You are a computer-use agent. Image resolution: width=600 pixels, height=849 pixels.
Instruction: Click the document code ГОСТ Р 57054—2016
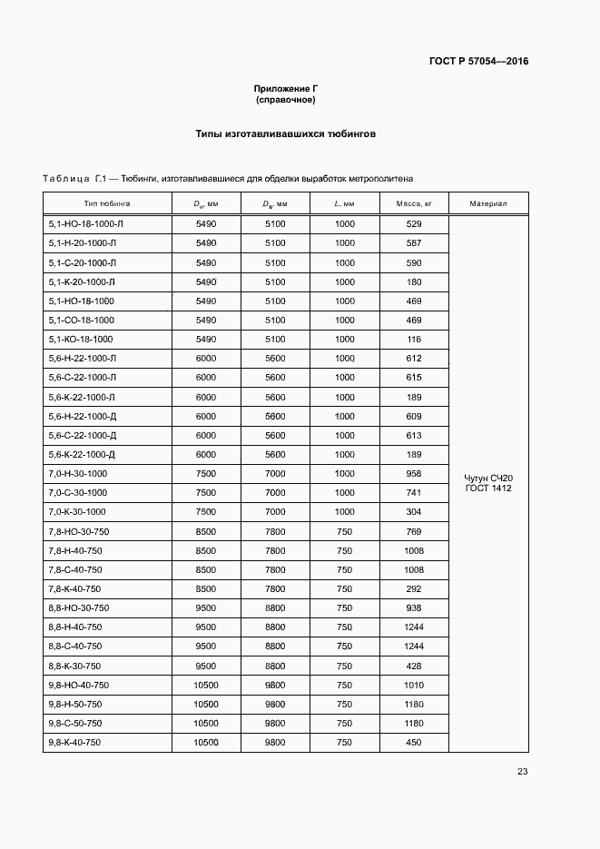pos(478,62)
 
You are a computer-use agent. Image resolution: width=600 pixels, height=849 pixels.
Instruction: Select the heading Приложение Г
pos(285,89)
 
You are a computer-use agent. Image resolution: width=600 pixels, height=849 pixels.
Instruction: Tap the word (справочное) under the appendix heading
pos(285,100)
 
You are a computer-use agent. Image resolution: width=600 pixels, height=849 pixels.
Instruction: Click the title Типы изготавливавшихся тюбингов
pos(285,133)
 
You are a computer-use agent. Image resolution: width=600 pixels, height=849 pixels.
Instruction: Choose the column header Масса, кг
pos(414,203)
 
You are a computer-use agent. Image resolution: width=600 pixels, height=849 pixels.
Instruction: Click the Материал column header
pos(488,203)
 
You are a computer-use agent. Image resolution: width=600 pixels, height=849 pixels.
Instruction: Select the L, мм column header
pos(344,203)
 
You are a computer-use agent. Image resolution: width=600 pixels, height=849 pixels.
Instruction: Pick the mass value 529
pos(414,223)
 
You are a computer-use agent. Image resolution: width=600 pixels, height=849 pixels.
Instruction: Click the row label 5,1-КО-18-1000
pos(80,339)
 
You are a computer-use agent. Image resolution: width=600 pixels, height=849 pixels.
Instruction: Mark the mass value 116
pos(414,339)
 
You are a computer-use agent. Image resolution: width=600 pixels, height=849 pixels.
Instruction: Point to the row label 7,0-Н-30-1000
pos(76,474)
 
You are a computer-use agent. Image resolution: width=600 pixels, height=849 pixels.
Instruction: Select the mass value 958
pos(414,474)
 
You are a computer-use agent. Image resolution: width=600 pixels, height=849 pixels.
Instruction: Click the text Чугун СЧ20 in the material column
pos(488,478)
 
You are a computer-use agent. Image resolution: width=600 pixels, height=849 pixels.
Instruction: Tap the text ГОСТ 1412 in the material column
pos(488,489)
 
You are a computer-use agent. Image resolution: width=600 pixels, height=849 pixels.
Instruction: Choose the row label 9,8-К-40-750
pos(74,743)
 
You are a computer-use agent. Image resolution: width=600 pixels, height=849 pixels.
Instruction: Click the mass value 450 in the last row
pos(414,743)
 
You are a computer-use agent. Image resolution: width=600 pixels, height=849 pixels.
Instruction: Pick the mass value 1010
pos(414,685)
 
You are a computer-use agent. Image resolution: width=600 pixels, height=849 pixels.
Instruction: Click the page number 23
pos(522,772)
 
